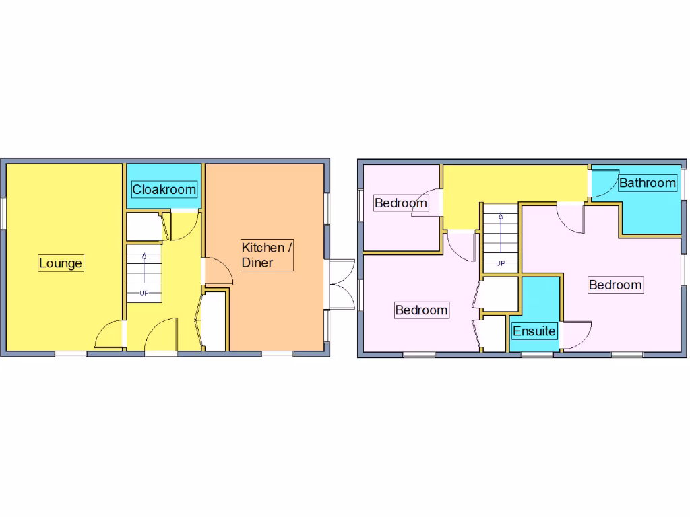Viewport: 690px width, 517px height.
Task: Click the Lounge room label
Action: (x=60, y=263)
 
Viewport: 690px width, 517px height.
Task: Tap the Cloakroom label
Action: (x=164, y=189)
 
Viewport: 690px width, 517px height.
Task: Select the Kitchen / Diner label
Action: (x=267, y=255)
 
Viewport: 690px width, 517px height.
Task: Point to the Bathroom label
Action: (x=647, y=182)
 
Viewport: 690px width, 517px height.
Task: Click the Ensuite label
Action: (x=534, y=331)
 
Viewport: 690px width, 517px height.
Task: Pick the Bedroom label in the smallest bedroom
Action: (x=401, y=203)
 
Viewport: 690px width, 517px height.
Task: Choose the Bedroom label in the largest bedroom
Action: (x=615, y=285)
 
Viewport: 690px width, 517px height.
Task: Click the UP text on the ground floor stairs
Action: (x=144, y=293)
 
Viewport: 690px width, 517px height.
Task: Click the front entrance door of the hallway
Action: (x=160, y=336)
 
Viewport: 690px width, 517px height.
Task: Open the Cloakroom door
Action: (x=183, y=226)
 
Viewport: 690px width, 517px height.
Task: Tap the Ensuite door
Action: (x=575, y=335)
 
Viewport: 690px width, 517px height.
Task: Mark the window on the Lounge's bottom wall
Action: (x=70, y=353)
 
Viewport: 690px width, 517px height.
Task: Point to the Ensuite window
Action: (x=537, y=353)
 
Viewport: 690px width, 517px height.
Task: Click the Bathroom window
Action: (x=682, y=182)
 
